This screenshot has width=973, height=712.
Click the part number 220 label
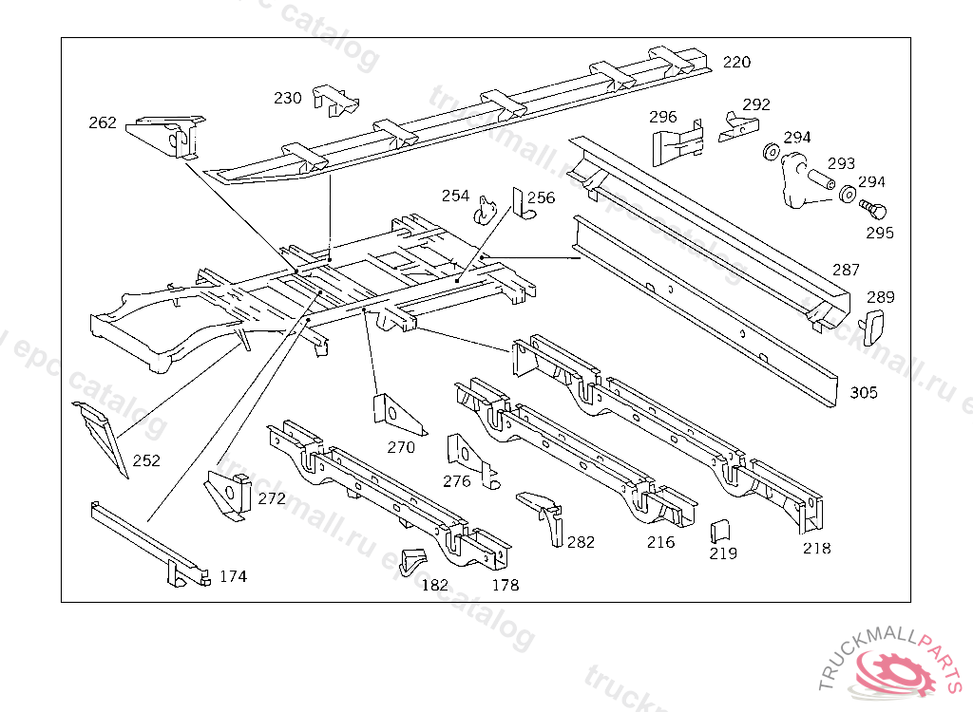(x=736, y=63)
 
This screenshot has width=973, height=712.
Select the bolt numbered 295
(x=871, y=207)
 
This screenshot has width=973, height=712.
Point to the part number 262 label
(x=103, y=122)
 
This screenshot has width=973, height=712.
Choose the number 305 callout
(x=864, y=392)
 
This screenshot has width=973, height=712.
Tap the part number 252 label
(x=146, y=461)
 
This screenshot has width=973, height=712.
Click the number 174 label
(x=233, y=576)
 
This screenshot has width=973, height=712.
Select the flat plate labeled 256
(x=521, y=204)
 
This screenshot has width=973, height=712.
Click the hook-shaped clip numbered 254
(x=487, y=209)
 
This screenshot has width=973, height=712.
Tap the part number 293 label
(x=841, y=163)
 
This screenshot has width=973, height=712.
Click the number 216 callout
(x=660, y=542)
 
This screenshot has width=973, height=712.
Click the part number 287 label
(x=846, y=271)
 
